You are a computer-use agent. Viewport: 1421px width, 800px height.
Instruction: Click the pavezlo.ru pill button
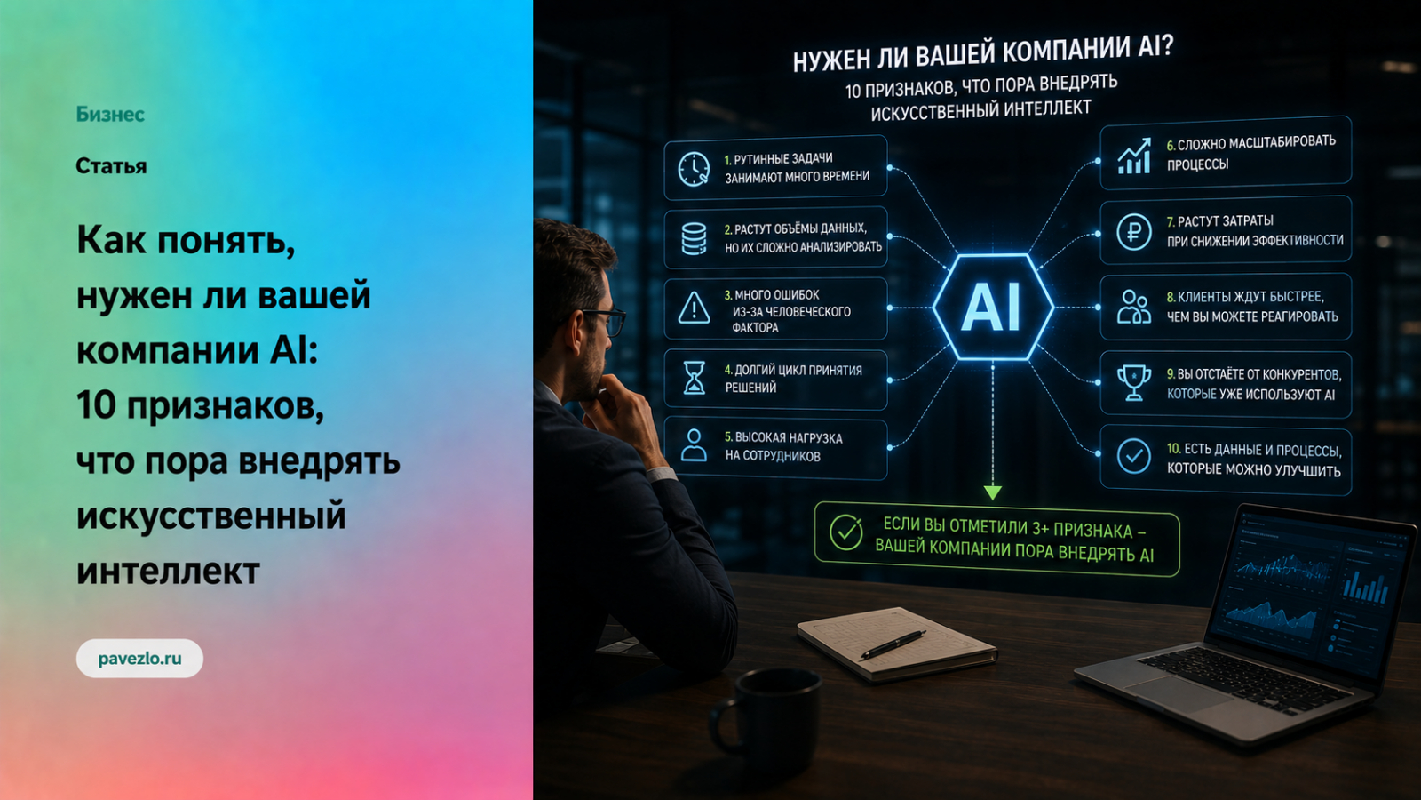tap(139, 659)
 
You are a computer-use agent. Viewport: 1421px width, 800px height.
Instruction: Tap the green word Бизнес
tap(110, 115)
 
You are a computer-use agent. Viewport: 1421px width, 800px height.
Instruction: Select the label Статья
tap(111, 166)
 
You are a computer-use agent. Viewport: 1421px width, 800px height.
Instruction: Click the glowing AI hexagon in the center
tap(993, 308)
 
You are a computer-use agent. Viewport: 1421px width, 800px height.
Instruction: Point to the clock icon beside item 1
tap(694, 169)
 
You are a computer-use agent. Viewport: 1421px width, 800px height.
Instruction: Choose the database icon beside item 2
tap(694, 239)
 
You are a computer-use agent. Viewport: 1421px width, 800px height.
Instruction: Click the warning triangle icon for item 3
tap(694, 308)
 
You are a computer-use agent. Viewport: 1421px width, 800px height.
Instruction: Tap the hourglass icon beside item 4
tap(694, 378)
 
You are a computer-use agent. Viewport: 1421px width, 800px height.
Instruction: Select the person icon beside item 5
tap(694, 444)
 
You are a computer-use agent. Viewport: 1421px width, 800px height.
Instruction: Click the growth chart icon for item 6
tap(1134, 156)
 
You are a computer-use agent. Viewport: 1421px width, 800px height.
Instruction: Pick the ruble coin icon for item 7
tap(1133, 232)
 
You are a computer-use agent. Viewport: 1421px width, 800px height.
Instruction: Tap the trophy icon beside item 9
tap(1133, 383)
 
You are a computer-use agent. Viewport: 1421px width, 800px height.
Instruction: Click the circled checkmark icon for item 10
tap(1133, 456)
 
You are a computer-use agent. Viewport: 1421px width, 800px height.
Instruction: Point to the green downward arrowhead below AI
tap(993, 492)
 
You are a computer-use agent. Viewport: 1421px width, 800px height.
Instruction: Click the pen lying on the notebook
tap(893, 644)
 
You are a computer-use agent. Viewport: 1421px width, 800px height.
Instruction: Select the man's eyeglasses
tap(606, 320)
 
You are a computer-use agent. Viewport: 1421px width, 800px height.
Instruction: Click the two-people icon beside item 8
tap(1133, 308)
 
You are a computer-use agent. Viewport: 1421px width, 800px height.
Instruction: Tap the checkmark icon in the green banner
tap(846, 532)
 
